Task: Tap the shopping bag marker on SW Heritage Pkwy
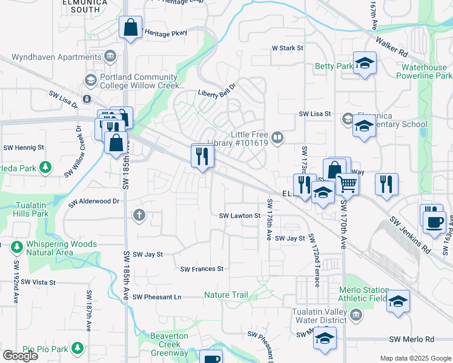pyautogui.click(x=130, y=28)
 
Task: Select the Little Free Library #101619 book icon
pyautogui.click(x=277, y=139)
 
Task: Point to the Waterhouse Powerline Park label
pyautogui.click(x=424, y=71)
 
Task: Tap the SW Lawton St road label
pyautogui.click(x=239, y=215)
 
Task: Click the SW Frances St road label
pyautogui.click(x=202, y=269)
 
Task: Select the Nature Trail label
pyautogui.click(x=226, y=295)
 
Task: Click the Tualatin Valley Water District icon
pyautogui.click(x=356, y=314)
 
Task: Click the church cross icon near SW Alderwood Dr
pyautogui.click(x=139, y=214)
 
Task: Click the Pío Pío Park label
pyautogui.click(x=45, y=348)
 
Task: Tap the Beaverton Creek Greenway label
pyautogui.click(x=169, y=344)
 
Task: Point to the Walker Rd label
pyautogui.click(x=391, y=45)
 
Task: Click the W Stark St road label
pyautogui.click(x=287, y=47)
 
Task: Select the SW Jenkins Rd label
pyautogui.click(x=409, y=236)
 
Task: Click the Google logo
pyautogui.click(x=20, y=356)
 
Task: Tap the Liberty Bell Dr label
pyautogui.click(x=219, y=93)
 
